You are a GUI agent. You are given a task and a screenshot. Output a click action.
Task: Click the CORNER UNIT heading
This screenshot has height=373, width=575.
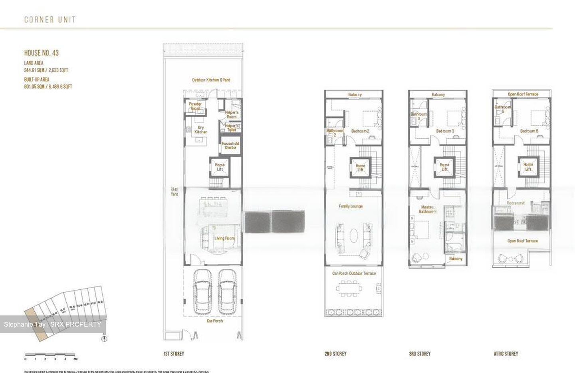(x=50, y=20)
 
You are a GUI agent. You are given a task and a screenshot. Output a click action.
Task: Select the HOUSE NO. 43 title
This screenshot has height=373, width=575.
(x=42, y=53)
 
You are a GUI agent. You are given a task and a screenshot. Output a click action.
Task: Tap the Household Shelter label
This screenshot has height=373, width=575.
(x=230, y=146)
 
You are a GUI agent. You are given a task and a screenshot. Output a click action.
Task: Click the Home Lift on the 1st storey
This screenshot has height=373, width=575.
(x=220, y=167)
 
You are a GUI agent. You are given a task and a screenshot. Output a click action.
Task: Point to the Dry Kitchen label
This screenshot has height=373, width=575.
(x=201, y=130)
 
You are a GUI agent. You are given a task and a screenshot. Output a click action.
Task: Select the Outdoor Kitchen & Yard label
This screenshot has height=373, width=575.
(x=211, y=80)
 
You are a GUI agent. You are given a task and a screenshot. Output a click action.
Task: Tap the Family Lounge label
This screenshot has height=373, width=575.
(x=351, y=206)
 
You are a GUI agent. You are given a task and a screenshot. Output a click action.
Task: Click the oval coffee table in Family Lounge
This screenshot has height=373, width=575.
(x=353, y=235)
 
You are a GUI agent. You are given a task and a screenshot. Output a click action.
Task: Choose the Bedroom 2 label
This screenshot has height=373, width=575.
(x=360, y=131)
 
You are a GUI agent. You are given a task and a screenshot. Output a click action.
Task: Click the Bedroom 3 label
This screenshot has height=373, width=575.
(x=445, y=131)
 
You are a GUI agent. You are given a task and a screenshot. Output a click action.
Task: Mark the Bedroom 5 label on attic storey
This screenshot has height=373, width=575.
(x=529, y=131)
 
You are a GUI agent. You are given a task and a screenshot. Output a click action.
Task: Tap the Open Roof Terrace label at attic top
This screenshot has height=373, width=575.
(x=523, y=94)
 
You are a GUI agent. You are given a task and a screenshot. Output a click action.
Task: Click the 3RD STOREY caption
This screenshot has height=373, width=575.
(x=420, y=354)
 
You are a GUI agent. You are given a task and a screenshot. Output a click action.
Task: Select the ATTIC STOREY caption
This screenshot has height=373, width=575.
(x=506, y=354)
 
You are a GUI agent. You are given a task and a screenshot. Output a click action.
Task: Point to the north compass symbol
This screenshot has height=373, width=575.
(x=104, y=339)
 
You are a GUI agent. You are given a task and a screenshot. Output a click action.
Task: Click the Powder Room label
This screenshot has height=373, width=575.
(x=195, y=106)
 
